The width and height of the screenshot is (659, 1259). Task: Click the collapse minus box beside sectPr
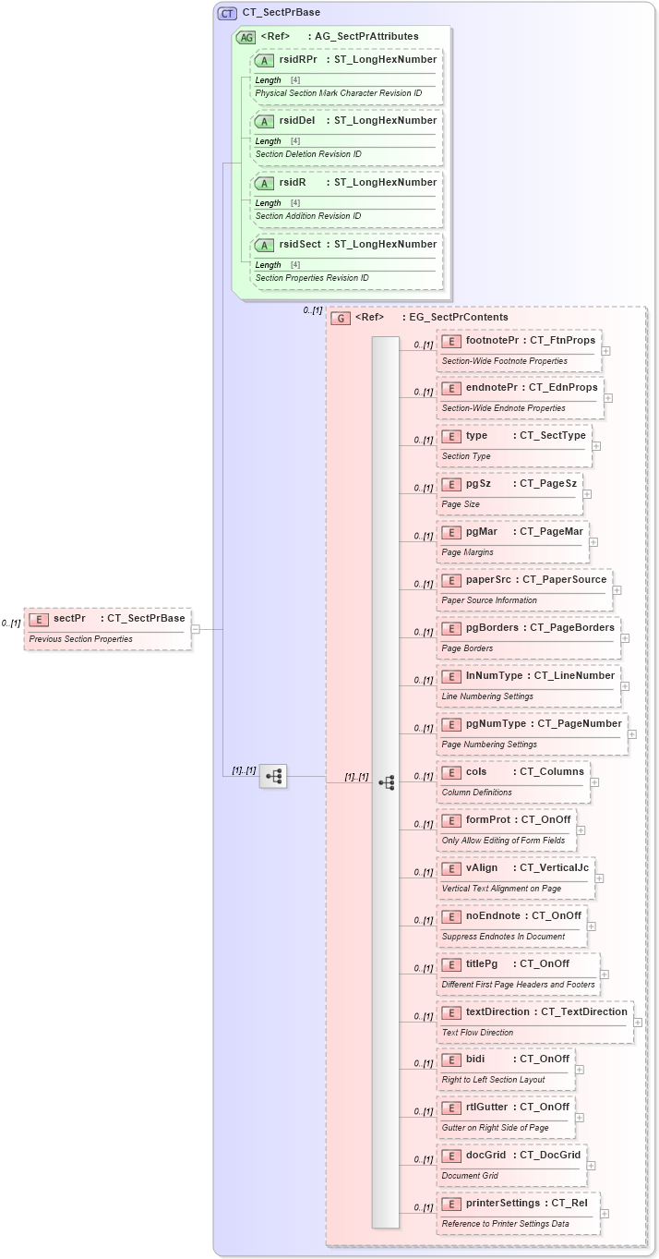point(196,629)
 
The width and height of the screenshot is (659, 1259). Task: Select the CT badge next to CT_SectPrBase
point(227,13)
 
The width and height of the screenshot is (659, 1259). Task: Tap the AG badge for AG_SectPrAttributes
point(246,37)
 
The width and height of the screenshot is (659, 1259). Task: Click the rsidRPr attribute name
point(298,59)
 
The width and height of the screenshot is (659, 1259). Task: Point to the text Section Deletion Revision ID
point(308,154)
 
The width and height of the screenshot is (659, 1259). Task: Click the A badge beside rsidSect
point(264,245)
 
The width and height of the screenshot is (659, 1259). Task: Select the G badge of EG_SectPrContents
point(341,318)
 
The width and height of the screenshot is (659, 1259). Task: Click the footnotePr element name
point(491,341)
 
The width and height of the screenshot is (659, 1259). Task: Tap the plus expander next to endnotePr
point(608,399)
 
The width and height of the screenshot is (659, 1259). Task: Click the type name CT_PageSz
point(548,484)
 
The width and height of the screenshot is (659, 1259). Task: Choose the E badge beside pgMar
point(451,532)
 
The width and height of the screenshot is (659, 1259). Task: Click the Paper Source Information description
point(489,600)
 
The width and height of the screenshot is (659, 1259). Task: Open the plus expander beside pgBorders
point(625,638)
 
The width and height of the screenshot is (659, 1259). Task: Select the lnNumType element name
point(494,676)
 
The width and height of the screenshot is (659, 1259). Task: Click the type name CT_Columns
point(552,772)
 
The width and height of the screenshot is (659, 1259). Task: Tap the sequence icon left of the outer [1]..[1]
point(273,777)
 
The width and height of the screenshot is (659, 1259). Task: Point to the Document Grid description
point(471,1176)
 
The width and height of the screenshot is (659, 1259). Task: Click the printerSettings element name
point(503,1204)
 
